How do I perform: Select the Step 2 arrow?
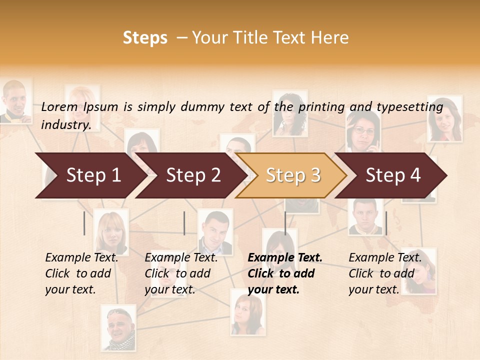192,175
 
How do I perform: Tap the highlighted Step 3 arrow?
292,175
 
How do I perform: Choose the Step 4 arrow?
392,175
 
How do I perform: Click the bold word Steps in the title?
145,38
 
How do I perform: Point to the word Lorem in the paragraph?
59,106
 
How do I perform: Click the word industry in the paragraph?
65,125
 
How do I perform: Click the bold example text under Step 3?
284,273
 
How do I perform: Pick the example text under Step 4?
384,273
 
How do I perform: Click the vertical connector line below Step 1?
84,223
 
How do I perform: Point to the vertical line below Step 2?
184,223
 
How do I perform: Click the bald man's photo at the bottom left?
118,327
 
